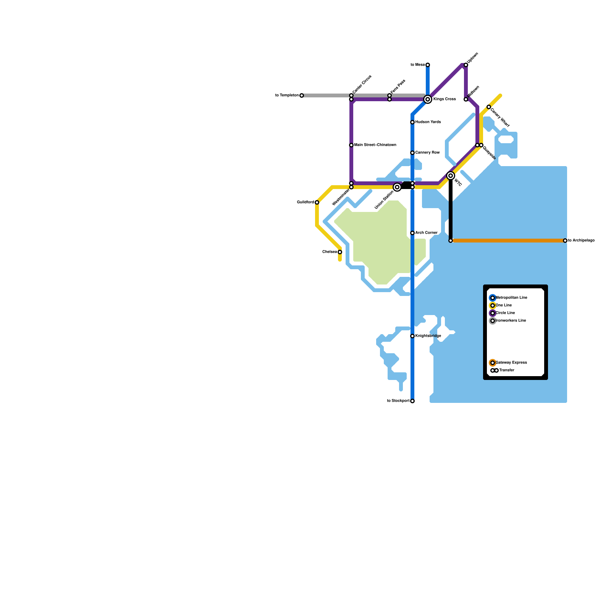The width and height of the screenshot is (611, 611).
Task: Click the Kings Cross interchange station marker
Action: pos(428,99)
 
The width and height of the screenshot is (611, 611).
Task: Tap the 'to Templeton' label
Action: pos(287,95)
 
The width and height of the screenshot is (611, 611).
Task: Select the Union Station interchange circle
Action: pos(397,187)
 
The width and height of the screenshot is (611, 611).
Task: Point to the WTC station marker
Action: pos(451,176)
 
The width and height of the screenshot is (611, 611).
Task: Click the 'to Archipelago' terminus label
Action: pos(581,241)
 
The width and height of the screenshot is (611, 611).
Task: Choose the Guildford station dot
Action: pos(317,202)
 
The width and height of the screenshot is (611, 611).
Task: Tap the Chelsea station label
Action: pos(330,252)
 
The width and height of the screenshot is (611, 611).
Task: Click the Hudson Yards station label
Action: pos(428,122)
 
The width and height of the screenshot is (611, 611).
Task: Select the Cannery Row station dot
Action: pos(412,153)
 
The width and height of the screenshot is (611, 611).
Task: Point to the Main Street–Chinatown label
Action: pos(375,145)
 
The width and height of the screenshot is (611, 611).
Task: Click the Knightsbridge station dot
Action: pos(412,336)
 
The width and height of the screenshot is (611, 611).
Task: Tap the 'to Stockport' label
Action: pos(398,401)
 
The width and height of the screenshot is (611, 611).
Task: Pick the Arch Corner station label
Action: pos(426,233)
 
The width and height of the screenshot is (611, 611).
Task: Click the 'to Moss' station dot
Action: pos(428,65)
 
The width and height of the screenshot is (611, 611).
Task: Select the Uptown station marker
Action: pos(466,65)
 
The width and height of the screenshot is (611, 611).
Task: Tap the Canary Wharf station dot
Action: pos(489,107)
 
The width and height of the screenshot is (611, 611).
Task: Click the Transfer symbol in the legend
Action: pos(495,370)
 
